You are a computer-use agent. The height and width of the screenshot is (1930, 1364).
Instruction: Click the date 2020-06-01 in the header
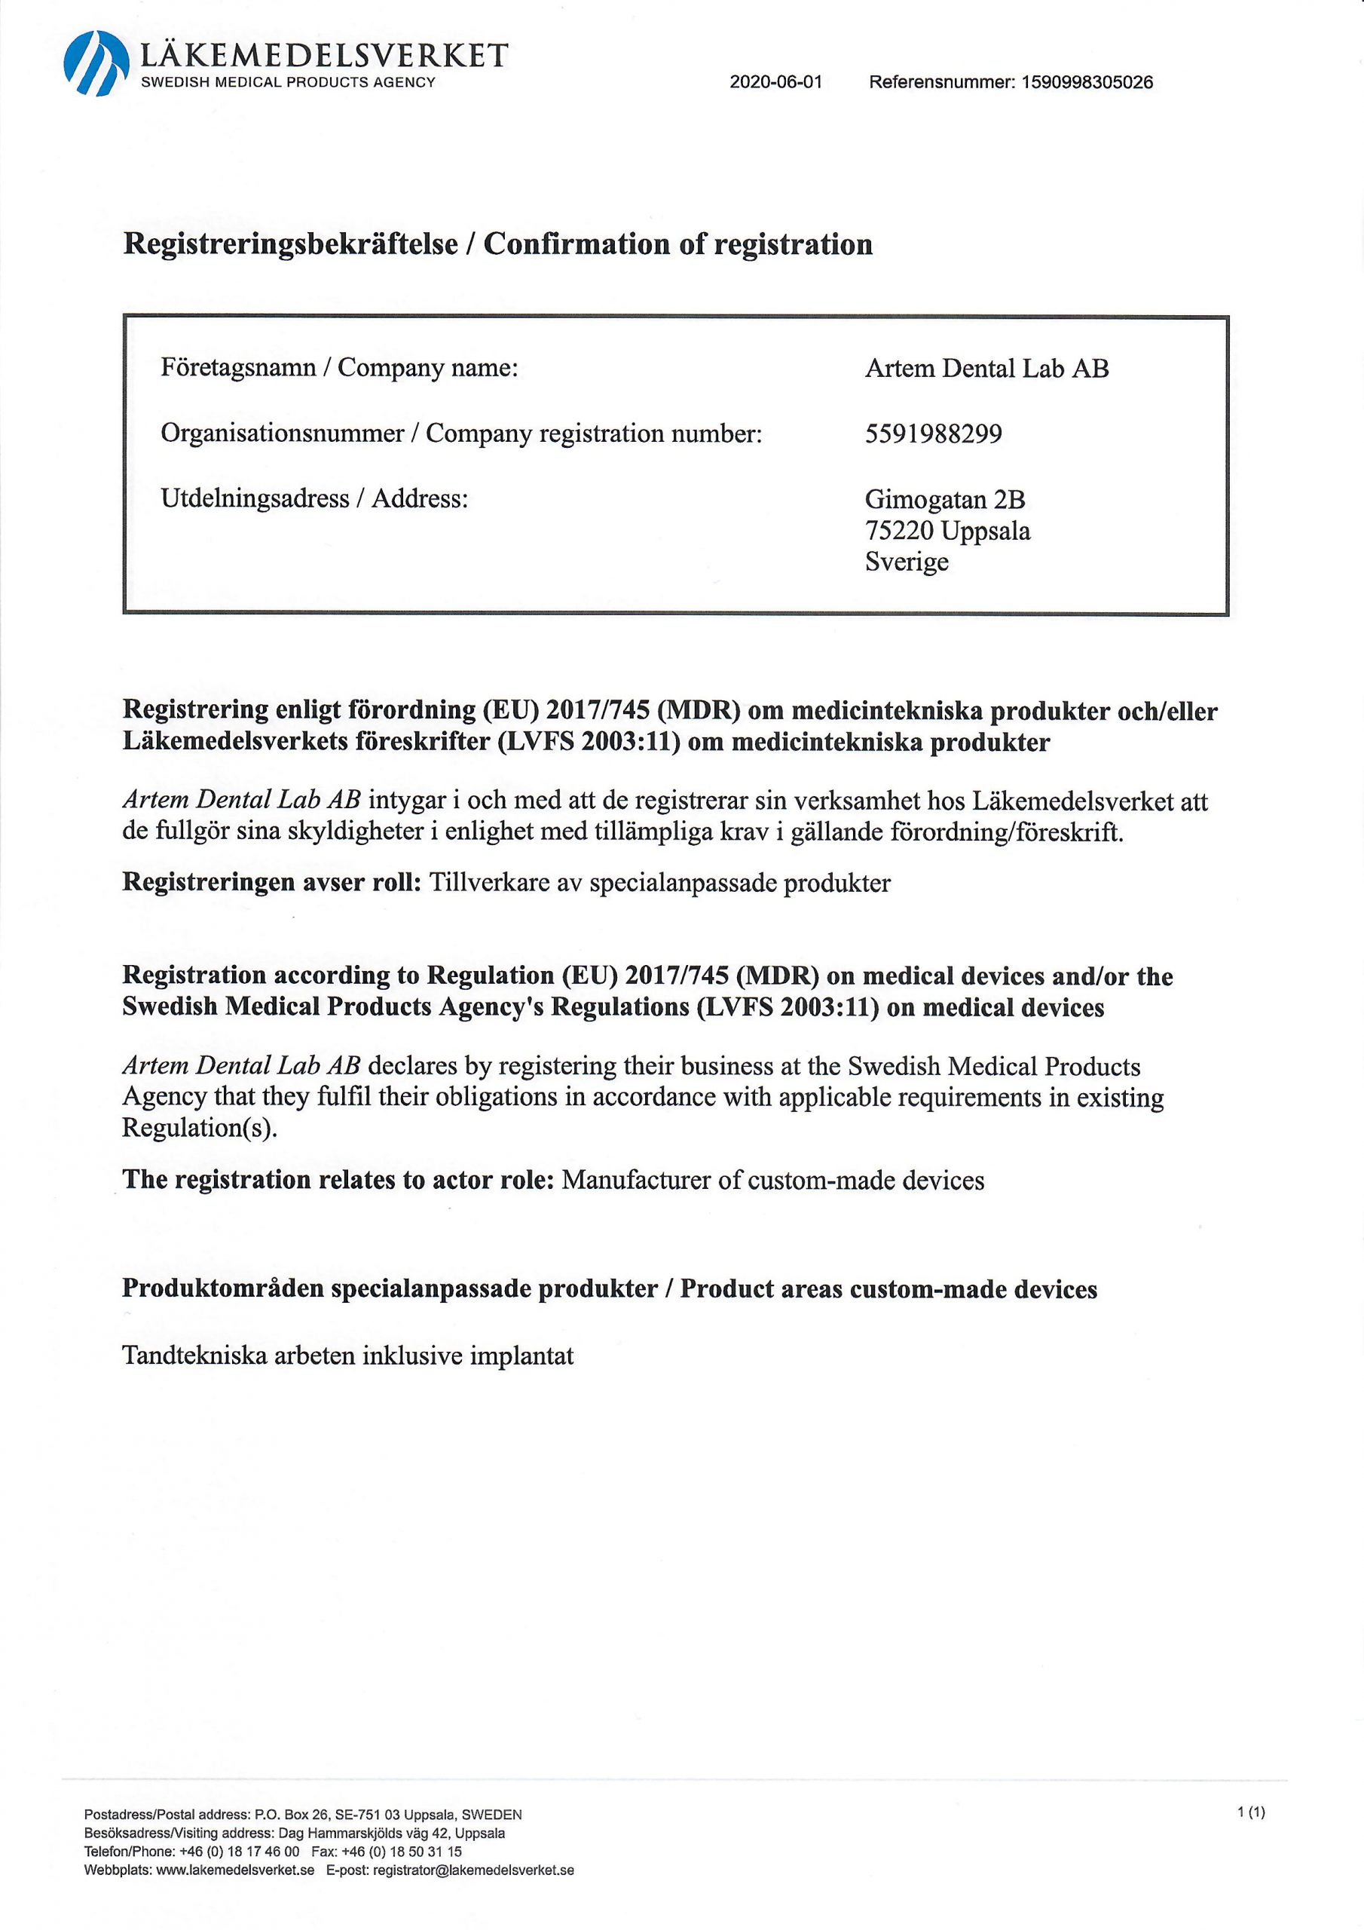pyautogui.click(x=775, y=82)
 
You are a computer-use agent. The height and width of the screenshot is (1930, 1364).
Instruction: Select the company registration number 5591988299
pyautogui.click(x=933, y=433)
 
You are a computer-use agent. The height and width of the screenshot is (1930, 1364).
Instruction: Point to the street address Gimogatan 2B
pyautogui.click(x=945, y=499)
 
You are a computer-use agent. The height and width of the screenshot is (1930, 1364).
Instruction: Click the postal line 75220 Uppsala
pyautogui.click(x=947, y=531)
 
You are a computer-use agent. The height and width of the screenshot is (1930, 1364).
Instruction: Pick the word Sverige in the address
pyautogui.click(x=906, y=562)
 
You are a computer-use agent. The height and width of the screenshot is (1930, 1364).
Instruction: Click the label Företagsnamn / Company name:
pyautogui.click(x=338, y=368)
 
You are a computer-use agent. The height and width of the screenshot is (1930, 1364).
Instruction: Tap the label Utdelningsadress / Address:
pyautogui.click(x=313, y=498)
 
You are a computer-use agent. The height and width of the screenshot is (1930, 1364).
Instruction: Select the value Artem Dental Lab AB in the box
pyautogui.click(x=986, y=368)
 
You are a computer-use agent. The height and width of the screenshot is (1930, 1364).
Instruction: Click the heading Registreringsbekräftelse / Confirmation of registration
pyautogui.click(x=497, y=244)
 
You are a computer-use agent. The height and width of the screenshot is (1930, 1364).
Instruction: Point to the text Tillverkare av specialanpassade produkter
pyautogui.click(x=659, y=883)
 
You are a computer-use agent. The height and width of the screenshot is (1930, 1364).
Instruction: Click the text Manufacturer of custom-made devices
pyautogui.click(x=772, y=1180)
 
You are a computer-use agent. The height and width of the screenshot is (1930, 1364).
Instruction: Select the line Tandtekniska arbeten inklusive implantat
pyautogui.click(x=348, y=1356)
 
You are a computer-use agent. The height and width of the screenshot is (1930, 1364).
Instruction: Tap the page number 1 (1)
pyautogui.click(x=1250, y=1813)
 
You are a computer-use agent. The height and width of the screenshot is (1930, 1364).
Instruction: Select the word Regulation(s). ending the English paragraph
pyautogui.click(x=199, y=1128)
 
